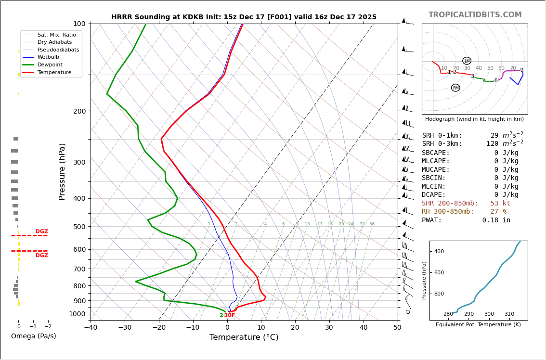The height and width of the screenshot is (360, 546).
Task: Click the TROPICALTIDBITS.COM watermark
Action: tap(475, 15)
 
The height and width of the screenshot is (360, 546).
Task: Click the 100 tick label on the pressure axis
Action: tap(79, 24)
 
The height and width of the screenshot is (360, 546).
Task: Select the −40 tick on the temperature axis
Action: tap(91, 328)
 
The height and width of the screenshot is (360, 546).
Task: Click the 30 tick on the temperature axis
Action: tap(329, 328)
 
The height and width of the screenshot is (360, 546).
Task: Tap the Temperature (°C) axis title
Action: tap(244, 337)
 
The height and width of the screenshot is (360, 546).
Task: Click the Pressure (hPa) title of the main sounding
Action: tap(62, 171)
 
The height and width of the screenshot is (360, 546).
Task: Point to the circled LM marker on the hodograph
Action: tap(467, 61)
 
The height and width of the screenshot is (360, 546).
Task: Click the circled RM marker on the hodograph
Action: tap(455, 88)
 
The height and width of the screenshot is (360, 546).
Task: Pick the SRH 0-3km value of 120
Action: tap(492, 144)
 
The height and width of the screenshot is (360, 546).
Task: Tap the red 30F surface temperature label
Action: tap(230, 316)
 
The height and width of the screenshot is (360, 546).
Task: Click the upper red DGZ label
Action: tap(42, 231)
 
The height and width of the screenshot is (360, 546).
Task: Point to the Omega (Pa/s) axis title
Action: tap(34, 336)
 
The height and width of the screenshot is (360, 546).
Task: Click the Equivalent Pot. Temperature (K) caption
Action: tap(478, 325)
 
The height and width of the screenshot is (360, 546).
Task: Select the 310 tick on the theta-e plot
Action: tap(509, 314)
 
